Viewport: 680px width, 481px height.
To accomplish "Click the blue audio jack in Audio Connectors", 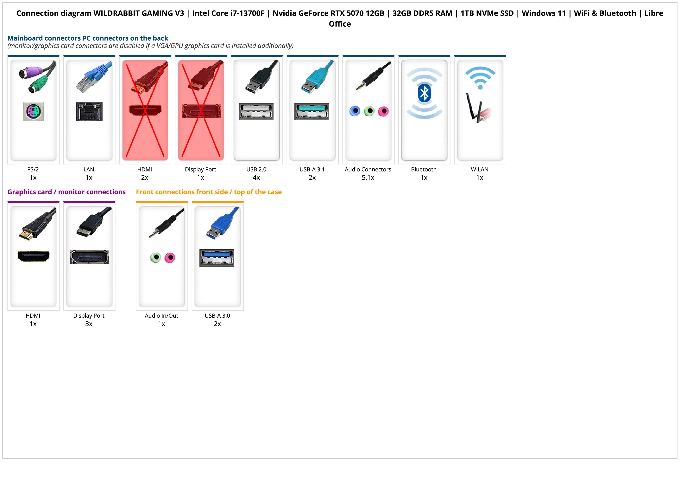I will (355, 111).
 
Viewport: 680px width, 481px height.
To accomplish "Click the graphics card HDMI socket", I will (34, 256).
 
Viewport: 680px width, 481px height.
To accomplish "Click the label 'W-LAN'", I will (480, 170).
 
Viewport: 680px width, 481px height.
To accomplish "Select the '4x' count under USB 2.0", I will (256, 178).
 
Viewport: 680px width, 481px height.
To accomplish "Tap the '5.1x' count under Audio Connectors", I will (368, 178).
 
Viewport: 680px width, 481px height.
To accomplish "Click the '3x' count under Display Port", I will (89, 324).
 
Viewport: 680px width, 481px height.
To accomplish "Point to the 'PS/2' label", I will (33, 170).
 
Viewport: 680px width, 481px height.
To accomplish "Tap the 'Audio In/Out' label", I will (161, 316).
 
